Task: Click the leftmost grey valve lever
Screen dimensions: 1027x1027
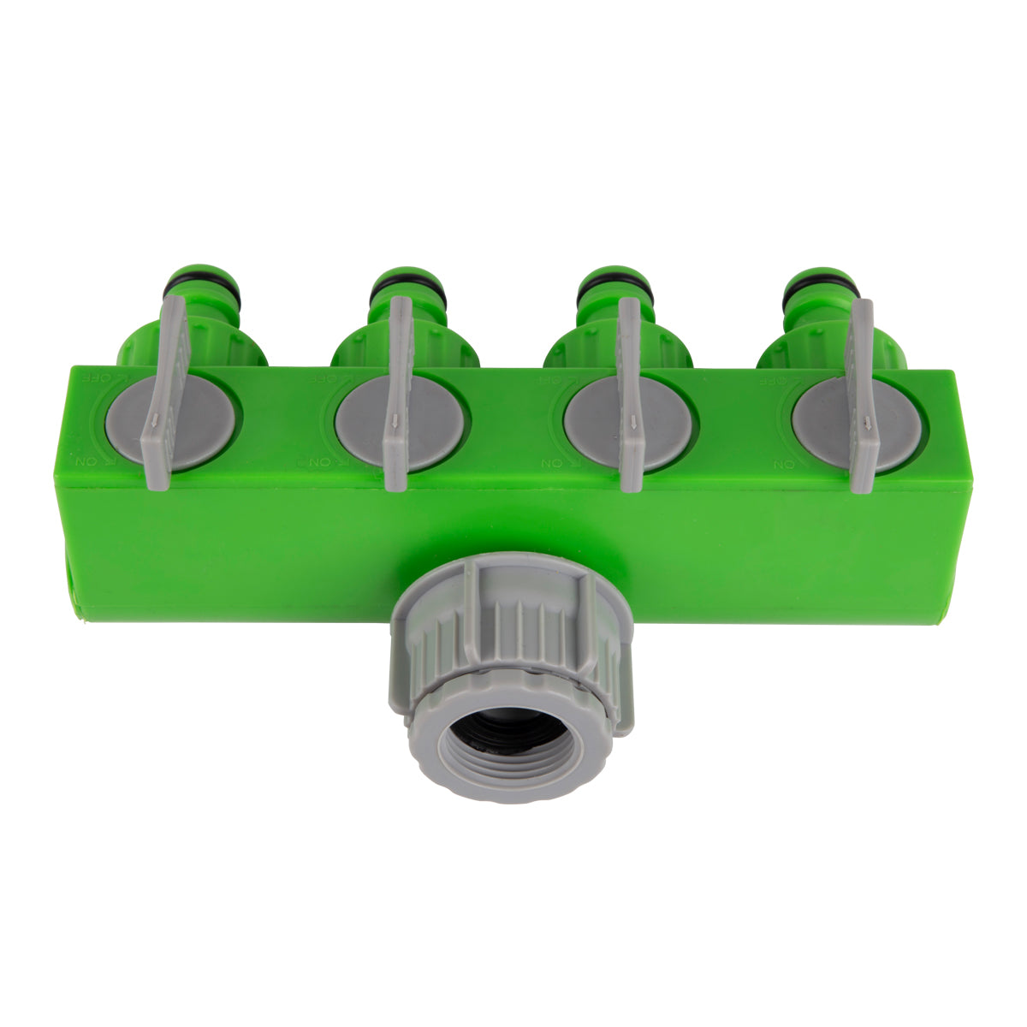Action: pyautogui.click(x=168, y=394)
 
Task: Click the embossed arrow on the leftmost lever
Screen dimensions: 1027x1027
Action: pyautogui.click(x=155, y=419)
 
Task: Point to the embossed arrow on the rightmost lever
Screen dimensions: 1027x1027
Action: pyautogui.click(x=867, y=421)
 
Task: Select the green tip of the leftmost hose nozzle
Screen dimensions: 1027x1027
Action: pyautogui.click(x=204, y=271)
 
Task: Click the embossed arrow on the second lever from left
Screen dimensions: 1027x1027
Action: pyautogui.click(x=395, y=420)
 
